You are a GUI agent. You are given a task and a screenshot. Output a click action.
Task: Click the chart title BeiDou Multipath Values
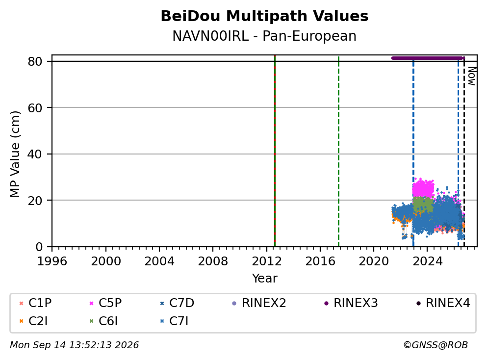click(264, 16)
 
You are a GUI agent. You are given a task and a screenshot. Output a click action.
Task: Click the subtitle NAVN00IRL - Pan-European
click(264, 36)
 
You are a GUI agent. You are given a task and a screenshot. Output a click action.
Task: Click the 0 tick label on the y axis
click(39, 247)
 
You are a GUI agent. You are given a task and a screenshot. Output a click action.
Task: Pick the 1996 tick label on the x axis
click(52, 261)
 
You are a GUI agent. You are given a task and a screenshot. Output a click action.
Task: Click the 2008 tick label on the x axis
click(213, 261)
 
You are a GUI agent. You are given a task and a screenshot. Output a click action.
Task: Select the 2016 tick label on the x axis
click(320, 261)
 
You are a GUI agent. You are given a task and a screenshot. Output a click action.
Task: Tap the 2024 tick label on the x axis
click(427, 261)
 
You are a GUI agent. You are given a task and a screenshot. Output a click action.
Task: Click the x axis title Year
click(264, 278)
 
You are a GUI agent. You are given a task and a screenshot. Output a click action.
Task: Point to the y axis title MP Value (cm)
click(15, 154)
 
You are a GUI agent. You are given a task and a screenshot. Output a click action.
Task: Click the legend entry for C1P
click(35, 303)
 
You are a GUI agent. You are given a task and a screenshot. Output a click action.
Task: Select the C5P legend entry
click(105, 303)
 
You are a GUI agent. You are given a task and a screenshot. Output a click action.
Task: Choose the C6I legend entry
click(104, 321)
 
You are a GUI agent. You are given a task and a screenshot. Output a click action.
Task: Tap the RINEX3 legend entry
click(351, 303)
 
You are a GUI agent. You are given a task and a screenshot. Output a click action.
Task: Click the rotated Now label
click(472, 76)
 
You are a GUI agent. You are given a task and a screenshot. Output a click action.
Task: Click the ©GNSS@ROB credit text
click(436, 345)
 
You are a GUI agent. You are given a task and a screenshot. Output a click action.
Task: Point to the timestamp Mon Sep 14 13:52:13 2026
click(75, 345)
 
